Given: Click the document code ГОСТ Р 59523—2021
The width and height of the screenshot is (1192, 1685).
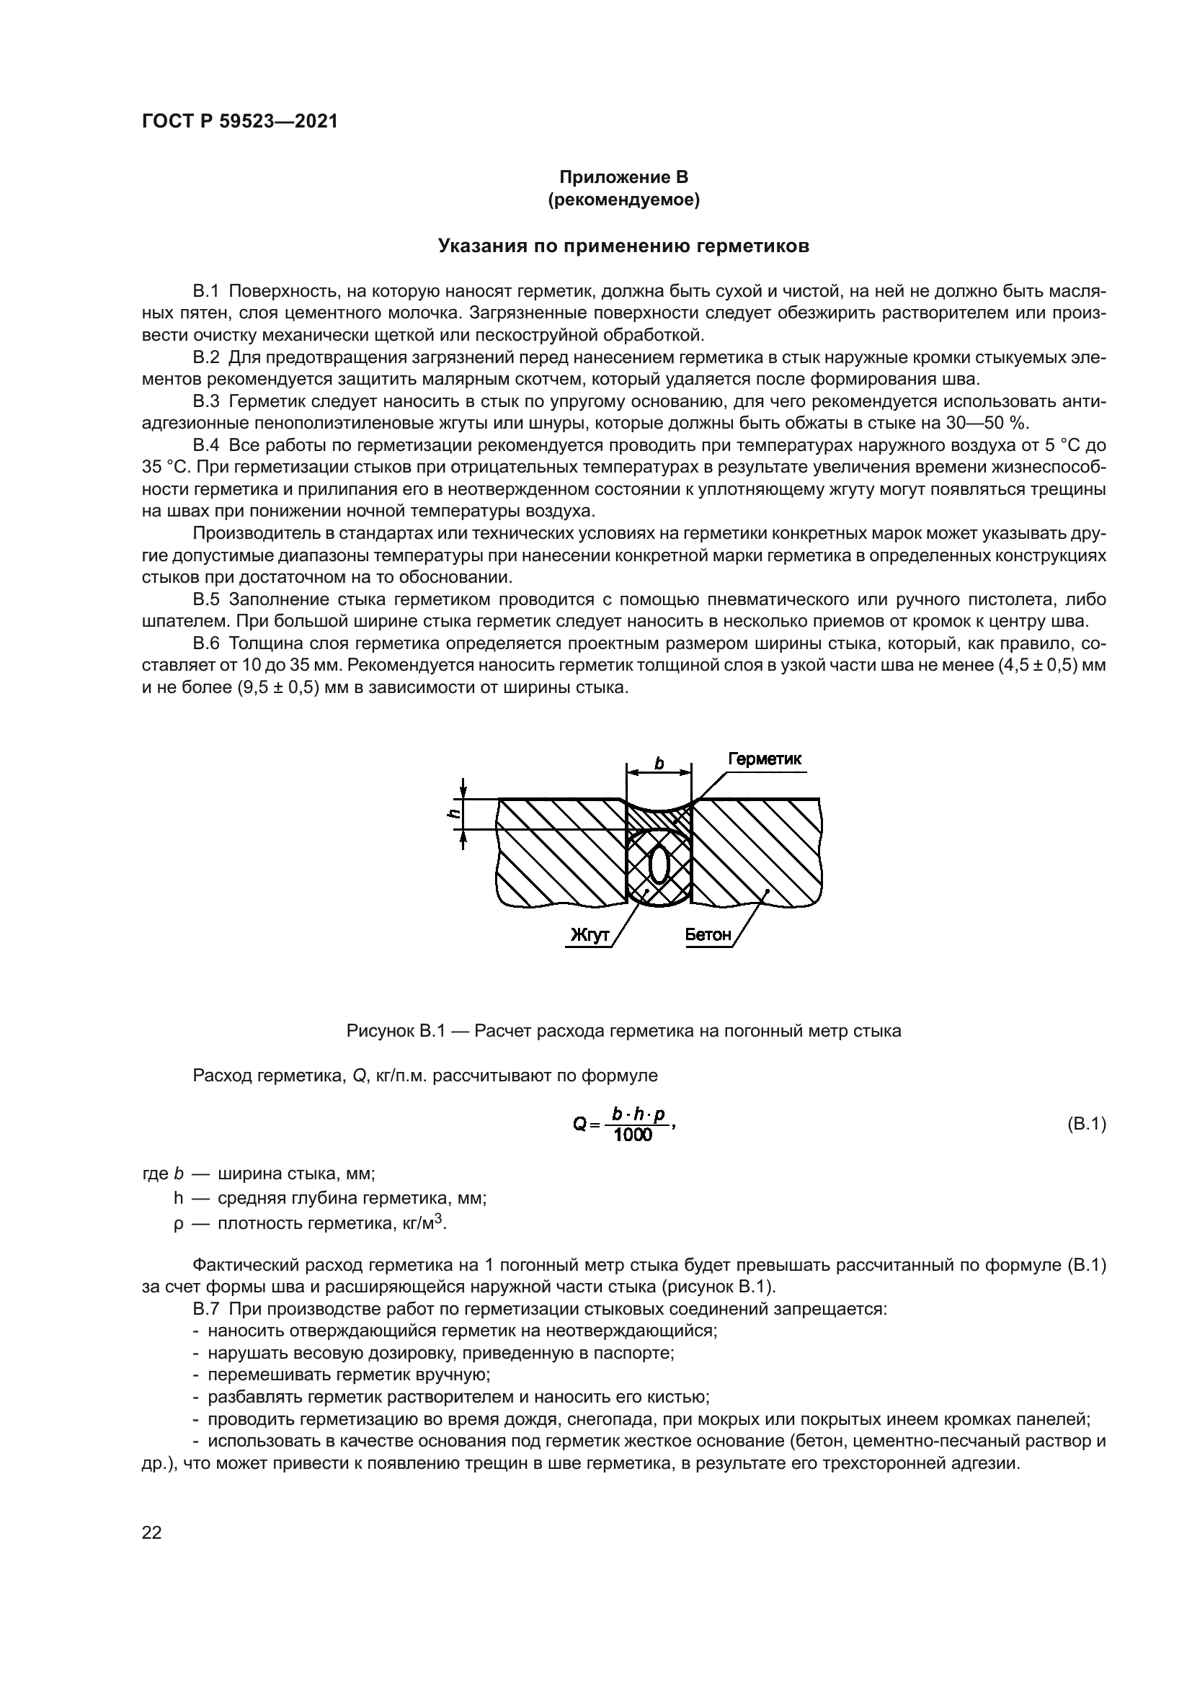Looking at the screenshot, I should pos(239,122).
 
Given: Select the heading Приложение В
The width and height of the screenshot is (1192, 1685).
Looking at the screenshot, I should pos(623,177).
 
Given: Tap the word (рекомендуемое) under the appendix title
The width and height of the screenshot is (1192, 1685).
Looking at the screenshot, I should pos(623,200).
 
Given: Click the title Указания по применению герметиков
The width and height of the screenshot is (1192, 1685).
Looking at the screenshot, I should pos(623,246).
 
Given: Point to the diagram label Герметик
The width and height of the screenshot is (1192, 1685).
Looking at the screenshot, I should pos(764,759).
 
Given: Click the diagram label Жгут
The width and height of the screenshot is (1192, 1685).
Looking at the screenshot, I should pos(590,935).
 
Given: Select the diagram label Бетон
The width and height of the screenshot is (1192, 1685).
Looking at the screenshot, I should pos(708,935).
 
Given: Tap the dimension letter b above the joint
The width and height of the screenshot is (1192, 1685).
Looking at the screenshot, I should pos(659,764).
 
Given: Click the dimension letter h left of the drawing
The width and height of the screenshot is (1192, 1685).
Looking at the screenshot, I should pos(454,813).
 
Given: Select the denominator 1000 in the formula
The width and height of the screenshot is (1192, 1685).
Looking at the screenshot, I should pos(633,1136).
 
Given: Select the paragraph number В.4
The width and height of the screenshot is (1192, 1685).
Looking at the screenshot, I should pos(206,445).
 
